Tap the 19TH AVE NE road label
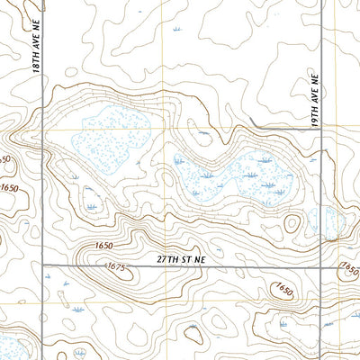point(316,102)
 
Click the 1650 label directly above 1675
point(105,245)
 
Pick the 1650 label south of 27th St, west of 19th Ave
point(284,289)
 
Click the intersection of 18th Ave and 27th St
point(41,265)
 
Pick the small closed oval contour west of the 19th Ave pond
point(291,224)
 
